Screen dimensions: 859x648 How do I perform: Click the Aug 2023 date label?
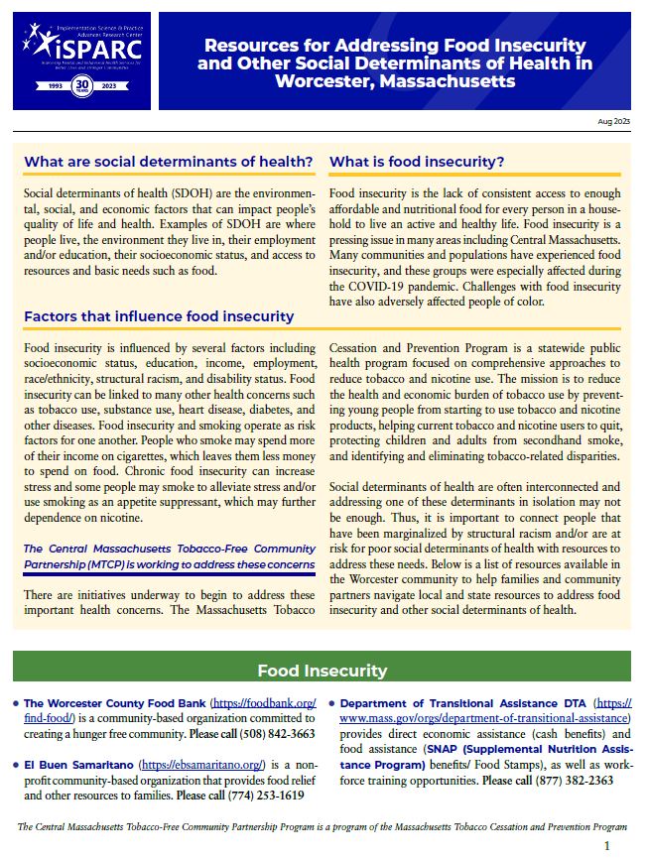tap(613, 120)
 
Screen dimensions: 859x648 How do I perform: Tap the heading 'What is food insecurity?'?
tap(417, 162)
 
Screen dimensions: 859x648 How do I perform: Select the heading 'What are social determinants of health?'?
tap(169, 162)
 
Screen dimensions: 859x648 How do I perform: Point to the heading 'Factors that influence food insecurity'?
tap(159, 316)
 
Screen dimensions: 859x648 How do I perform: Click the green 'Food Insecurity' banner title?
tap(323, 671)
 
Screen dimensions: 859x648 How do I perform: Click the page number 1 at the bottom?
tap(607, 845)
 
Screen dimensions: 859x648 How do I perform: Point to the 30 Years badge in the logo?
tap(82, 86)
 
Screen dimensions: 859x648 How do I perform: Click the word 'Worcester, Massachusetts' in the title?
tap(395, 80)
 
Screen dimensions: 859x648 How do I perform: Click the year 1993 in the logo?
tap(47, 86)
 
